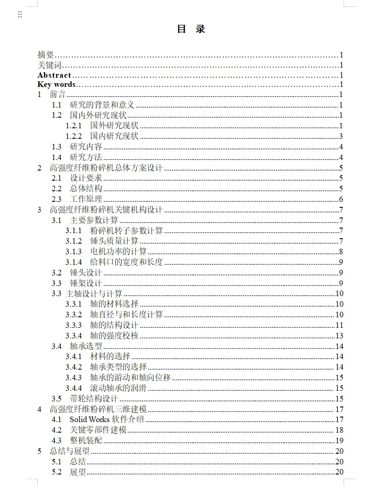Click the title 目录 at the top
(x=191, y=29)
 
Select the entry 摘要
(x=46, y=54)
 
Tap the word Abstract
(x=54, y=75)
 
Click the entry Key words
(x=56, y=85)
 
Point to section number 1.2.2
(x=73, y=136)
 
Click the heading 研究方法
(x=86, y=157)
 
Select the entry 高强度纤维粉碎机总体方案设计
(x=106, y=168)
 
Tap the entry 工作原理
(x=86, y=199)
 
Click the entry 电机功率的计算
(x=118, y=252)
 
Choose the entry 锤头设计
(x=86, y=273)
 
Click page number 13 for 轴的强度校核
(x=339, y=336)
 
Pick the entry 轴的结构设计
(x=114, y=325)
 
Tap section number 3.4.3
(x=73, y=377)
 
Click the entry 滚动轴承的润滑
(x=118, y=388)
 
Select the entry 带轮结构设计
(x=94, y=399)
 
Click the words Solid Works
(x=89, y=419)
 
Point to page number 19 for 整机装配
(x=339, y=440)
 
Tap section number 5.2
(x=57, y=472)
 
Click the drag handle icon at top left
(x=20, y=14)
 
